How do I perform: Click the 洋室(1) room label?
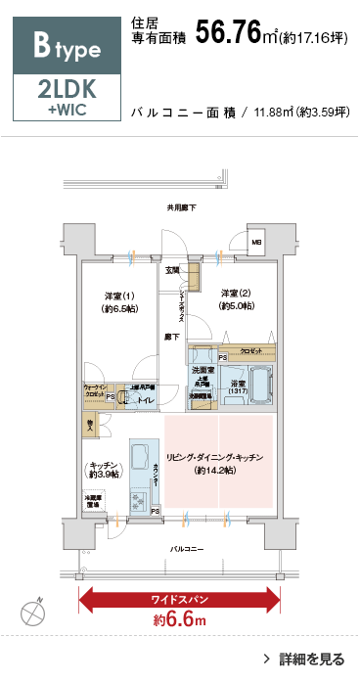tap(120, 299)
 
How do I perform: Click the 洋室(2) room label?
tap(236, 299)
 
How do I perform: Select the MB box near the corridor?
tap(257, 242)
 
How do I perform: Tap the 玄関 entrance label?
tap(172, 269)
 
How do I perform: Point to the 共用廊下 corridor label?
tap(180, 207)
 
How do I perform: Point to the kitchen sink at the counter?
tap(139, 456)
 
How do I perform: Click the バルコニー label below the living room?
tap(186, 549)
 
